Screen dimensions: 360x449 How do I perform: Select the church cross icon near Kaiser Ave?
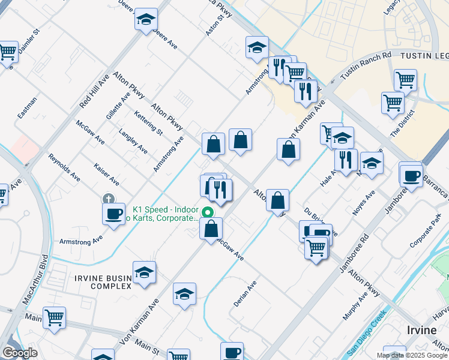(x=108, y=198)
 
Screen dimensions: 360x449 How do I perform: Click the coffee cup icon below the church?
(x=113, y=214)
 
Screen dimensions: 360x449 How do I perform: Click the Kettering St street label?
(x=148, y=122)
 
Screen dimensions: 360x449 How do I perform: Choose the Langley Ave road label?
(x=133, y=141)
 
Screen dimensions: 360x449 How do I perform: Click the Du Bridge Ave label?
(x=320, y=222)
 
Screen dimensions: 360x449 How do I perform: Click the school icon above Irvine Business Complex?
(x=144, y=272)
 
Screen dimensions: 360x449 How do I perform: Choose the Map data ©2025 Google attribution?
(x=411, y=355)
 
